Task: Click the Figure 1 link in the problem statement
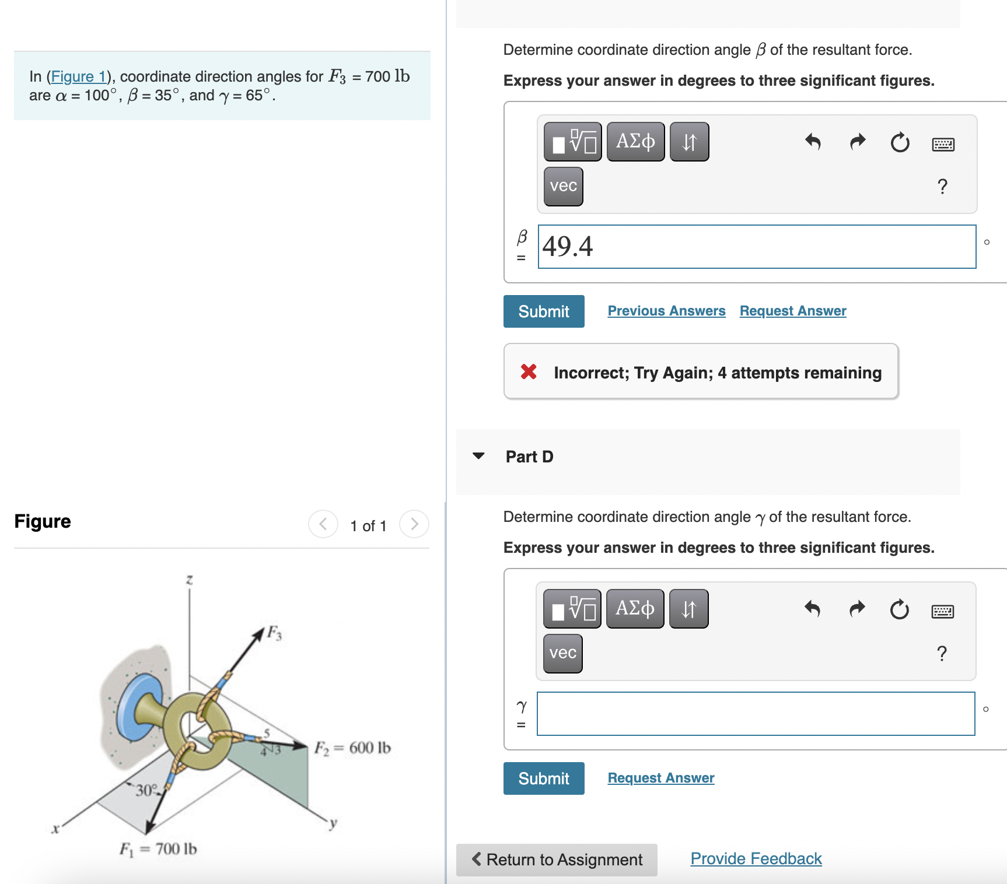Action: pyautogui.click(x=79, y=77)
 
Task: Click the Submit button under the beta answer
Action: pyautogui.click(x=543, y=311)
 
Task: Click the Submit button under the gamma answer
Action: pyautogui.click(x=543, y=778)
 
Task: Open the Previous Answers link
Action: pyautogui.click(x=666, y=311)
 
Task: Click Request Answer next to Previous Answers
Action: pyautogui.click(x=792, y=311)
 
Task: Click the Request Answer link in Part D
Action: pyautogui.click(x=660, y=778)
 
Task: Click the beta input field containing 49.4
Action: pyautogui.click(x=756, y=247)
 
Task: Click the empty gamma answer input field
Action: pyautogui.click(x=755, y=714)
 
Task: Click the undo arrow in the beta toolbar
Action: pyautogui.click(x=813, y=142)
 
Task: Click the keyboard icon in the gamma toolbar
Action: pyautogui.click(x=942, y=611)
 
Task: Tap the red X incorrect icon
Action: pyautogui.click(x=529, y=371)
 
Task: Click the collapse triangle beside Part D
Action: pyautogui.click(x=478, y=456)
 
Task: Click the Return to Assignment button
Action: pyautogui.click(x=557, y=860)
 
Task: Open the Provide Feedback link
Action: pyautogui.click(x=756, y=858)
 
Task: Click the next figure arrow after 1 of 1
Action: pyautogui.click(x=414, y=524)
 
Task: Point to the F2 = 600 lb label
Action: pyautogui.click(x=352, y=748)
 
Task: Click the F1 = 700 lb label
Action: pyautogui.click(x=158, y=848)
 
